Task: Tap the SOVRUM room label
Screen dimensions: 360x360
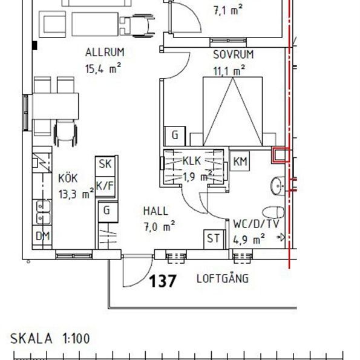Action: pos(233,55)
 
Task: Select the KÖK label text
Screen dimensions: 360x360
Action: pos(69,178)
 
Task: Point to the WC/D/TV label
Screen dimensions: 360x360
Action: pos(256,224)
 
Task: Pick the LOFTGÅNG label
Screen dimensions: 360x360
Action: pos(223,279)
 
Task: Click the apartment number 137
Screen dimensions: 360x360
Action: pos(163,281)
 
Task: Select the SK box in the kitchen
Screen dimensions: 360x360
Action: pos(105,163)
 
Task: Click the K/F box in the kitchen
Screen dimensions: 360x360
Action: pos(105,185)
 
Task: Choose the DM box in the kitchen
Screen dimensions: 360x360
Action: pos(42,236)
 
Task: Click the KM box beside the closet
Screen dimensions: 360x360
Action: pos(240,161)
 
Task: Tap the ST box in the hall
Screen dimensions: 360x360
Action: pos(213,238)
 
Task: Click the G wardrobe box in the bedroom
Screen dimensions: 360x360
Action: pos(175,134)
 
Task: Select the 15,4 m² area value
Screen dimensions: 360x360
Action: pos(104,68)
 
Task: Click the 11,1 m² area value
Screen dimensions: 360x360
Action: pos(229,70)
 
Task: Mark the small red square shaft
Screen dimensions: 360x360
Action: pos(280,155)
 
